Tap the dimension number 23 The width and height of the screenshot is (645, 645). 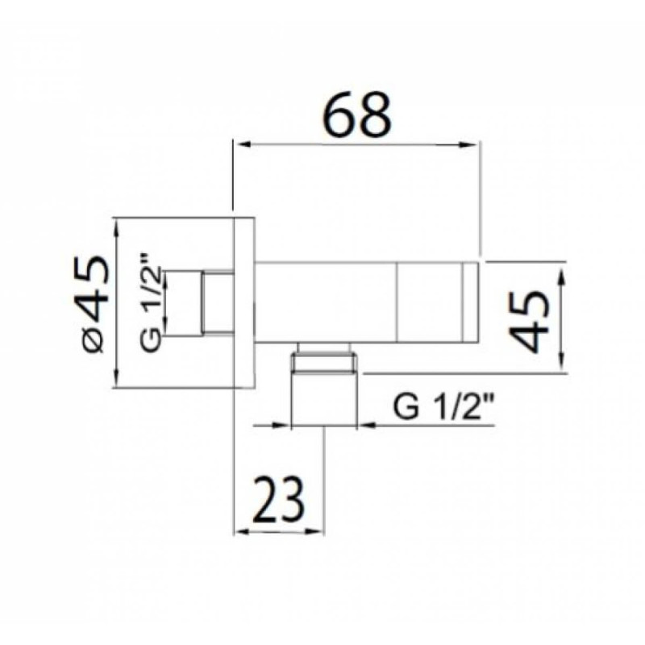[x=278, y=499]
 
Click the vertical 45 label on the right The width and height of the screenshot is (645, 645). [x=529, y=321]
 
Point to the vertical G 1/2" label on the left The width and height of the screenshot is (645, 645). [x=150, y=302]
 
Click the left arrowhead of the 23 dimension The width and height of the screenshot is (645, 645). [x=243, y=532]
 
